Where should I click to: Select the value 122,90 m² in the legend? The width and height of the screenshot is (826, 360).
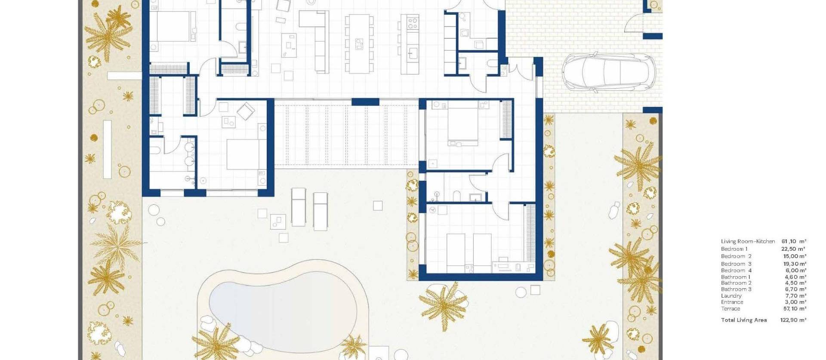(x=793, y=320)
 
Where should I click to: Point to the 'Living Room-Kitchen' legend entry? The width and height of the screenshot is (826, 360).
(x=748, y=242)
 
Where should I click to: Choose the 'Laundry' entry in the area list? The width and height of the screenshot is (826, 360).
(x=731, y=296)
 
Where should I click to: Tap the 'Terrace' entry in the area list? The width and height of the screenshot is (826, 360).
(x=730, y=309)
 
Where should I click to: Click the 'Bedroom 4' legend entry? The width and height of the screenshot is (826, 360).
(x=736, y=271)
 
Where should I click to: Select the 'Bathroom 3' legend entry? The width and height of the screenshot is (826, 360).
(x=736, y=289)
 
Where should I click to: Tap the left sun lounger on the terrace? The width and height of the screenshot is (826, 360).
(x=298, y=207)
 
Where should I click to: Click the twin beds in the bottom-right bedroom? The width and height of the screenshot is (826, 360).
(x=469, y=253)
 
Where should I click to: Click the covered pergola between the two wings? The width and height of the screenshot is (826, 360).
(x=346, y=133)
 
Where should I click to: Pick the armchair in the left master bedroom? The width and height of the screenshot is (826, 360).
(x=246, y=111)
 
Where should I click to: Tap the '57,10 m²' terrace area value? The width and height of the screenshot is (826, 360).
(x=794, y=309)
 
